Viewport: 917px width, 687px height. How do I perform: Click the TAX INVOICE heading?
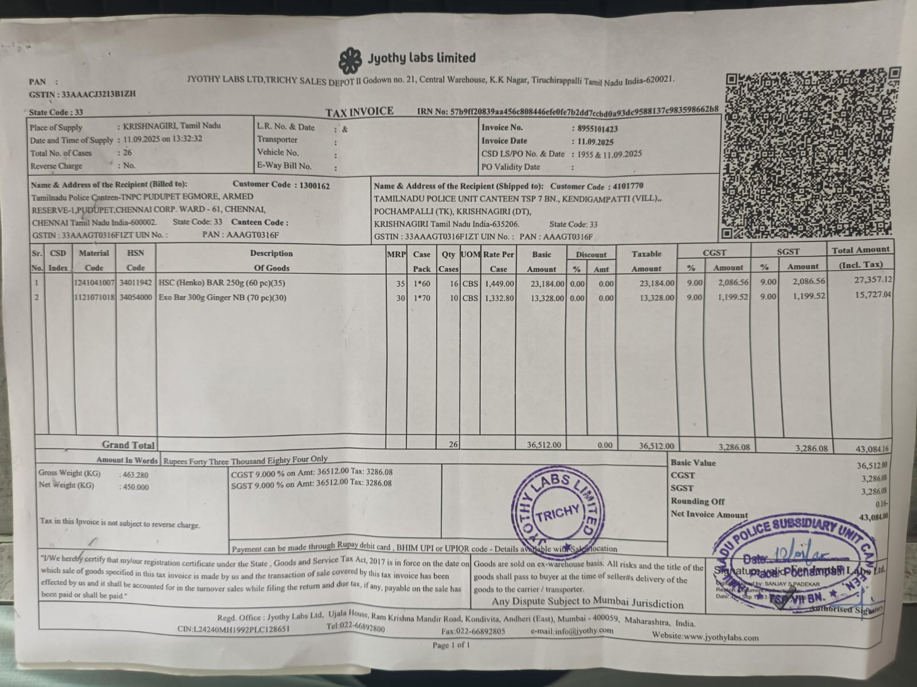(359, 112)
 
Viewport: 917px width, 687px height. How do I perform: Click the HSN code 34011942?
(135, 283)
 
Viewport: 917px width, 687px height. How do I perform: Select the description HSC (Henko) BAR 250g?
(222, 283)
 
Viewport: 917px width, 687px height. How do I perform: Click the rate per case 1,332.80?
(499, 298)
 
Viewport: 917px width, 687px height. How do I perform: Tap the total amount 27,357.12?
(871, 279)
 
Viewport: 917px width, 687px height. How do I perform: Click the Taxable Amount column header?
(646, 261)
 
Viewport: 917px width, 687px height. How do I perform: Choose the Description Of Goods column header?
(271, 260)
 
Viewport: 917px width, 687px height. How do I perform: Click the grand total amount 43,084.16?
(871, 449)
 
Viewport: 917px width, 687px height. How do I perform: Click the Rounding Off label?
(697, 502)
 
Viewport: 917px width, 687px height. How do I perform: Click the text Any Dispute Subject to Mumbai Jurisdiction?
(587, 602)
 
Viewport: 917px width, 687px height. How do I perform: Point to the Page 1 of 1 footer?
(451, 645)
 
